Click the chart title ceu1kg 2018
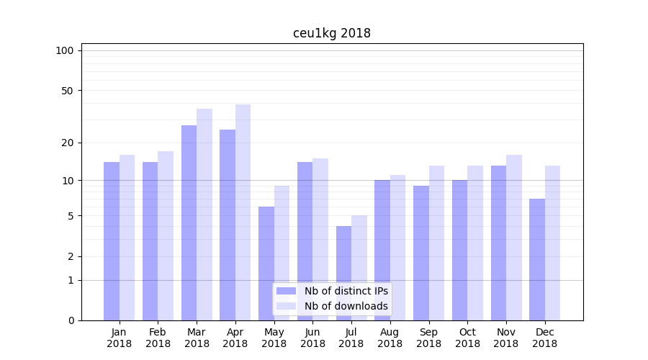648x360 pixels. [x=331, y=33]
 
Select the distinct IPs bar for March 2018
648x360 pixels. [x=189, y=223]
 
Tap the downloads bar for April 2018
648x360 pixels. [x=243, y=212]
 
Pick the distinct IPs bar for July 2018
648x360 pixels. [x=343, y=274]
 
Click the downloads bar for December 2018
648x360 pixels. [x=552, y=243]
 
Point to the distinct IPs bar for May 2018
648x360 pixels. [x=266, y=264]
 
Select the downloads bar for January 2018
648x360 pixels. [x=127, y=238]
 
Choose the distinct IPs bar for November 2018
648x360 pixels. [x=498, y=243]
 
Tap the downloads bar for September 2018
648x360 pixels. [x=436, y=243]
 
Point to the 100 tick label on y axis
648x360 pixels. [x=65, y=50]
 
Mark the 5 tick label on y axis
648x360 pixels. [x=71, y=216]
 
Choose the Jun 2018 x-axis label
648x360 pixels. [x=312, y=338]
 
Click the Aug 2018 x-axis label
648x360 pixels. [x=390, y=338]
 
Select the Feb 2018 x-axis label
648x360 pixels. [x=158, y=338]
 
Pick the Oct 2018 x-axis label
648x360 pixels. [x=467, y=338]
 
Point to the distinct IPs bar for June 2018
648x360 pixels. [x=305, y=241]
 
